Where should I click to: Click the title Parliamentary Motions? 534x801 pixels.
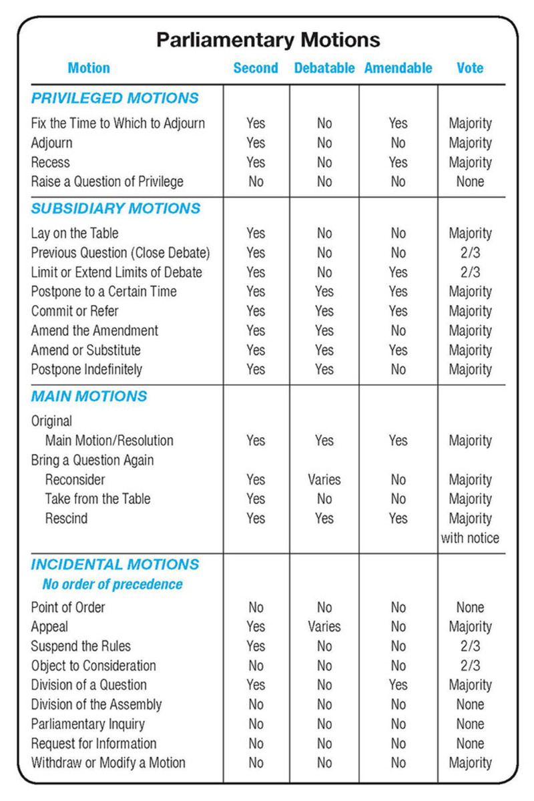(268, 39)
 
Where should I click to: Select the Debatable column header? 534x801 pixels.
(324, 68)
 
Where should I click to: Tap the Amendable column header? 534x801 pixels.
(398, 68)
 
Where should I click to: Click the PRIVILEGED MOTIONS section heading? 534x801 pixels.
(115, 98)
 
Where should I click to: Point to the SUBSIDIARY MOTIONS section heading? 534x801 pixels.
(115, 208)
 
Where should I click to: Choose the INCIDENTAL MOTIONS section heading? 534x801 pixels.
(115, 564)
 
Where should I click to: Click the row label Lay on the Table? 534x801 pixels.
(75, 234)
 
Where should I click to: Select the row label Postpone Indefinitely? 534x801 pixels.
(87, 369)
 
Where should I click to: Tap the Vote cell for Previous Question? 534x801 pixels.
(470, 253)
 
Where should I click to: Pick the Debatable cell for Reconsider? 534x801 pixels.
(324, 479)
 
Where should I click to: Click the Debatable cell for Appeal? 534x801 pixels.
(324, 627)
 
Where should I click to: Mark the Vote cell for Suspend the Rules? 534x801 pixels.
(470, 646)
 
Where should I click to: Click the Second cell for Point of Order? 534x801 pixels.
(256, 607)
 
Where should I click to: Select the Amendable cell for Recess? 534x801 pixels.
(398, 162)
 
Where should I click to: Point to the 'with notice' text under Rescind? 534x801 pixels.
(470, 538)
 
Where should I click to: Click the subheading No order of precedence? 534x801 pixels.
(112, 585)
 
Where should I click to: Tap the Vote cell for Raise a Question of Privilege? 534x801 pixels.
(470, 182)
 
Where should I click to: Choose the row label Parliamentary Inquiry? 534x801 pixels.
(87, 724)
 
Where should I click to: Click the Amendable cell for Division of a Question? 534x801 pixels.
(398, 685)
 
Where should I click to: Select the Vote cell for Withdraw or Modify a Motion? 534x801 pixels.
(470, 762)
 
